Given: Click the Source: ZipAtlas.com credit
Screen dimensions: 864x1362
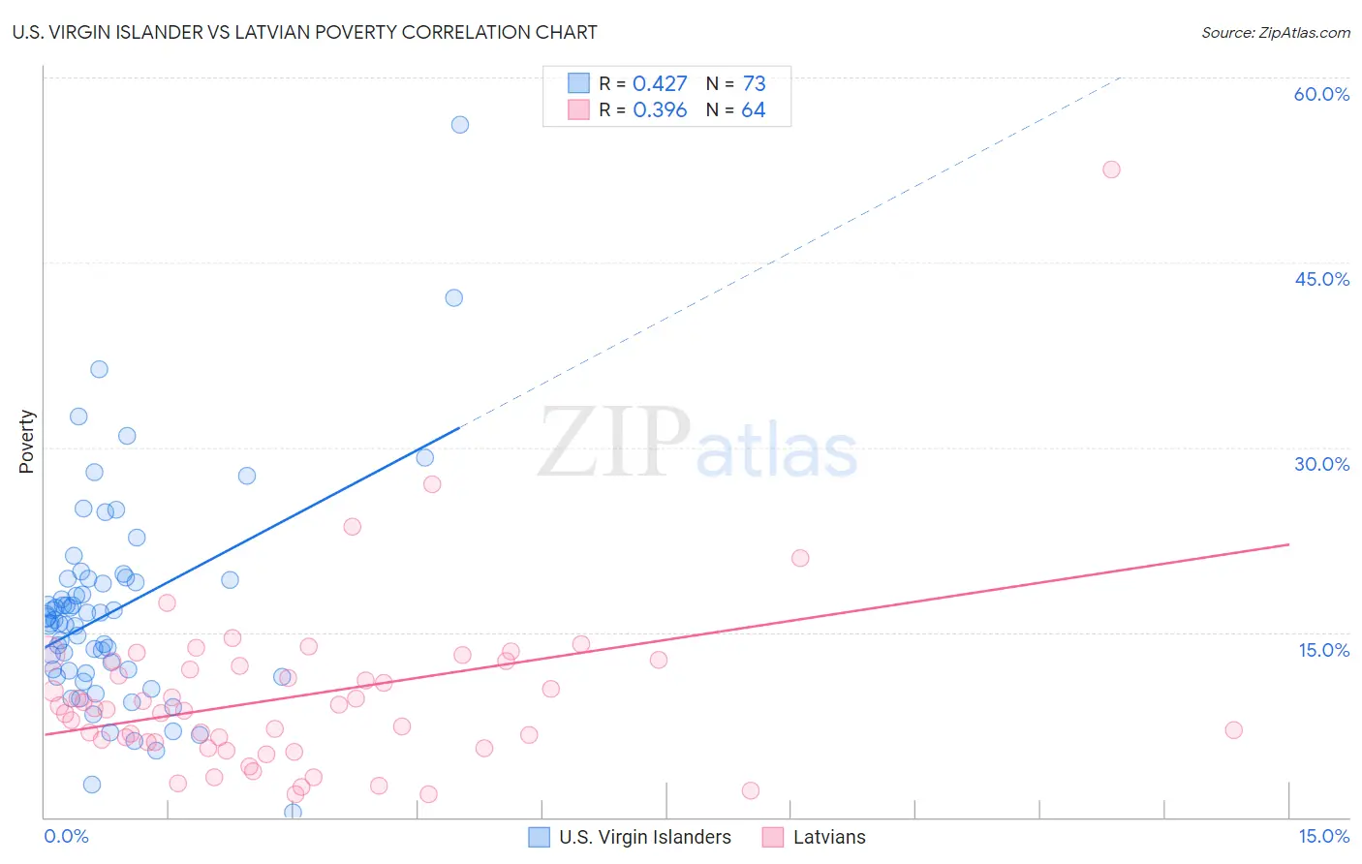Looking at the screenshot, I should pos(1275,32).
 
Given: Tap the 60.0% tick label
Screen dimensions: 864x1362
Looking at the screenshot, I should pos(1321,94).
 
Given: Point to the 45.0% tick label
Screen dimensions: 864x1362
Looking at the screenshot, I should pos(1321,279).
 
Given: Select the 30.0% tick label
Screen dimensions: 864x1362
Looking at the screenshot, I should pos(1321,464).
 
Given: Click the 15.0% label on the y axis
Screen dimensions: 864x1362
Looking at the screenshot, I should pos(1323,649).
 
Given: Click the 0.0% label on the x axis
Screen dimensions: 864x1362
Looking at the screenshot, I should pos(66,836).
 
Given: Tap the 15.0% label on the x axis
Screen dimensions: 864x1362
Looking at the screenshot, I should pos(1323,836).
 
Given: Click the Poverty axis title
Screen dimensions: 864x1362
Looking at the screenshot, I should pos(26,442).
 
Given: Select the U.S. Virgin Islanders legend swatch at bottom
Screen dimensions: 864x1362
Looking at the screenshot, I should pos(540,837).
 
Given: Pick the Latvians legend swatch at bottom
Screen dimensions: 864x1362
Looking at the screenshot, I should pos(773,837).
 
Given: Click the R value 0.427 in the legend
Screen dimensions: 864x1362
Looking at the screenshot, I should pos(660,83).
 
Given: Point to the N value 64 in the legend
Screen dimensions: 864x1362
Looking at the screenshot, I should pos(753,109).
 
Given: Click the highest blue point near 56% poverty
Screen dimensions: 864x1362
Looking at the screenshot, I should pos(460,124).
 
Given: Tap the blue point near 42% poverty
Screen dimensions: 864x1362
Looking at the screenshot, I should pos(453,297).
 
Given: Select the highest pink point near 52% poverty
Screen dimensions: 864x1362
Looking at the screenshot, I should pos(1111,170).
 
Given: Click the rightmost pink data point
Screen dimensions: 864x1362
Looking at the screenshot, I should pos(1233,729).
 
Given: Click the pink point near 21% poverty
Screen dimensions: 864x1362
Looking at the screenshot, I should pos(800,558).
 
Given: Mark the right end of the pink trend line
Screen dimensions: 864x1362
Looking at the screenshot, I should pos(1288,544).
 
